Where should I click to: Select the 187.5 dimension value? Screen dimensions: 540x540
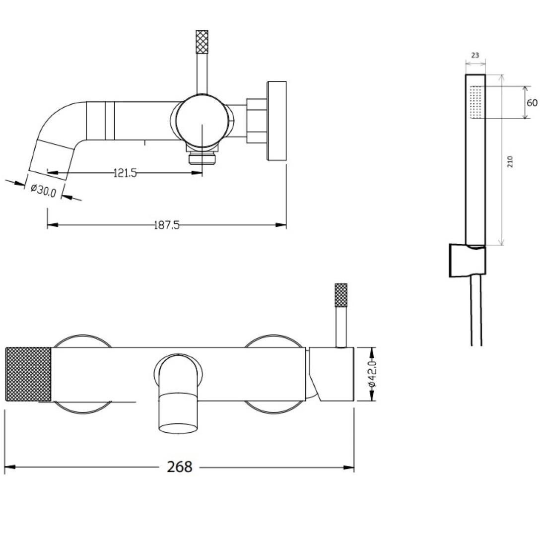[166, 225]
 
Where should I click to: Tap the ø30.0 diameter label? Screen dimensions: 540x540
[43, 190]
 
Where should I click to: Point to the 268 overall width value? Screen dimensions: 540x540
[180, 467]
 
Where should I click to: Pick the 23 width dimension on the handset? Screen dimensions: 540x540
[475, 56]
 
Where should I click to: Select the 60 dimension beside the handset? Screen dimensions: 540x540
[532, 103]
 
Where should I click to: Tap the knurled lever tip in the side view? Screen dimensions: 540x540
[202, 42]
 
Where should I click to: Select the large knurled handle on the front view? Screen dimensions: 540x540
[28, 374]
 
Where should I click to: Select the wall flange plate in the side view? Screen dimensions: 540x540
[277, 121]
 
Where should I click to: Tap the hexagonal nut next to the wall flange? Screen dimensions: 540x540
[257, 121]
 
